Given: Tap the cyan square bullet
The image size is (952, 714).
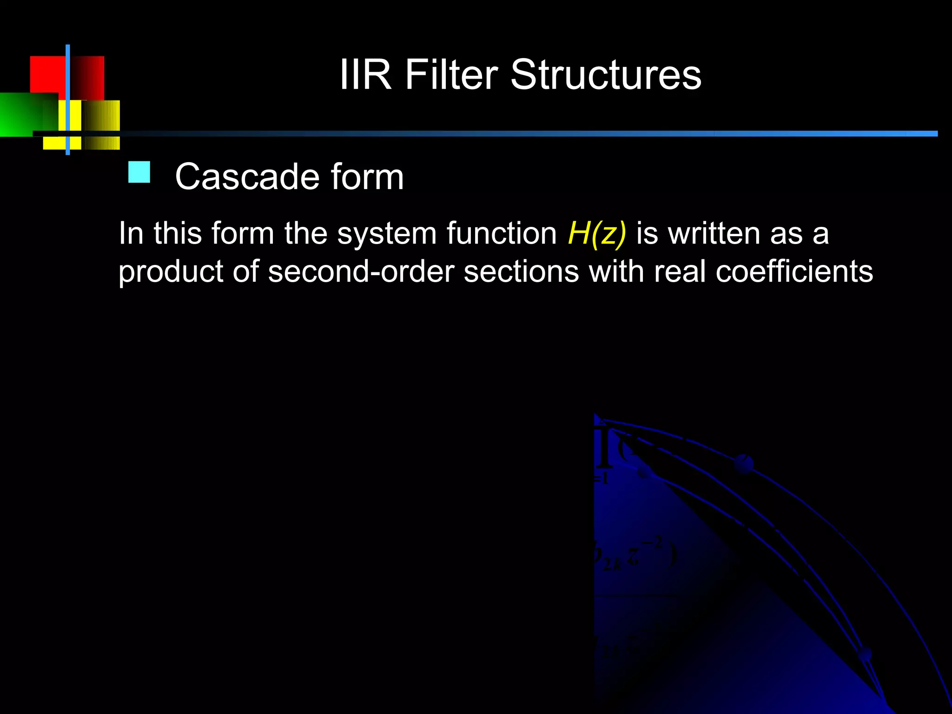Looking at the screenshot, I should [x=139, y=172].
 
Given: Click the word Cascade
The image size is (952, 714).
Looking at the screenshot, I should [x=247, y=177].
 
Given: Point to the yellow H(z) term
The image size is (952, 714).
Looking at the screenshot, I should [x=597, y=233].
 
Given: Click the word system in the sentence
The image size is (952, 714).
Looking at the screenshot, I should [x=387, y=234].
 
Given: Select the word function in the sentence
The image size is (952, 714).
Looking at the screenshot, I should [x=502, y=233].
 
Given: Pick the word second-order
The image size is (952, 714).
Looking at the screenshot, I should [x=361, y=271].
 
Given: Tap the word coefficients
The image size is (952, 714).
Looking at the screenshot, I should [x=794, y=271].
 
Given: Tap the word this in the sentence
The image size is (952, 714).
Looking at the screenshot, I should [x=178, y=233].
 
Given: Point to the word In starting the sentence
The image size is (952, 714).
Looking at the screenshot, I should [x=131, y=233].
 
